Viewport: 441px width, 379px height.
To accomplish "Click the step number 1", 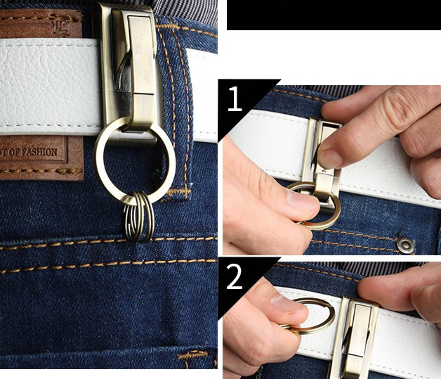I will pos(235,98).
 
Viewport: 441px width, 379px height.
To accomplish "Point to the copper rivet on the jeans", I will pos(405,244).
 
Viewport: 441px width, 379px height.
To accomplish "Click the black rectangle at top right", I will pos(333,15).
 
